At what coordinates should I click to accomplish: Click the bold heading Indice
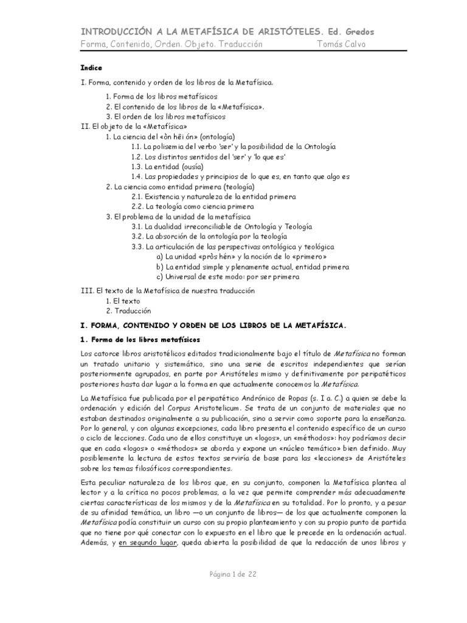(x=91, y=68)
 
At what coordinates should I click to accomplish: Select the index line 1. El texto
(x=123, y=301)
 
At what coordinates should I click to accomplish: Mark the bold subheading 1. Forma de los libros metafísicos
(x=140, y=338)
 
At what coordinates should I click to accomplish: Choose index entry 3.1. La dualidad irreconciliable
(x=222, y=226)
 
